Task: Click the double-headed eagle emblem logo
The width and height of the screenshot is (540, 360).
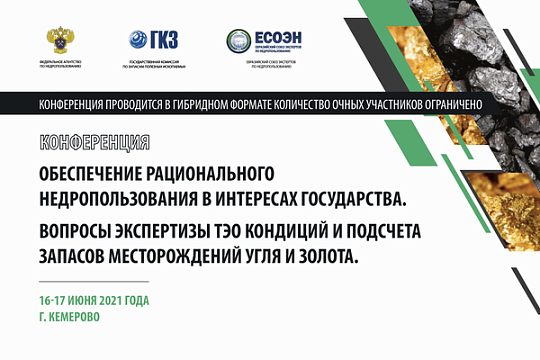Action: coord(60,41)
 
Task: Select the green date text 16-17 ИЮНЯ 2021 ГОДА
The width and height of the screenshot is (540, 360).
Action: coord(101,300)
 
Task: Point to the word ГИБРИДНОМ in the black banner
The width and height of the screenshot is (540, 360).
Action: coord(203,104)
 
